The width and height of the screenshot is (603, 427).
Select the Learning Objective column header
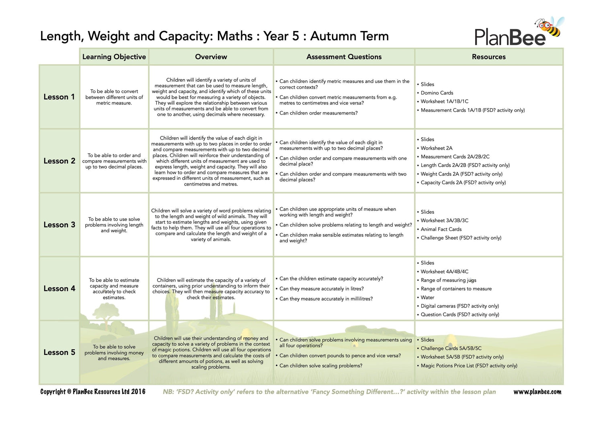coord(114,57)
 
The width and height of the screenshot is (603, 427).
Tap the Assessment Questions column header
coord(344,57)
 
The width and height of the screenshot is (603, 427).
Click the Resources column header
coord(488,57)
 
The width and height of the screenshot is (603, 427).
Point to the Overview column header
coord(211,57)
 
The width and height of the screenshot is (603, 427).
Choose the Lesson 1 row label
coord(59,97)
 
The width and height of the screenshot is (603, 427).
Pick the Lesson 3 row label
coord(59,225)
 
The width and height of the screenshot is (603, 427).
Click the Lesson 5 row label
coord(59,352)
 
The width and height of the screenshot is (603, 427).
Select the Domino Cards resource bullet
coord(437,93)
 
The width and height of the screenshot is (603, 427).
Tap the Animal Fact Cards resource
coord(441,229)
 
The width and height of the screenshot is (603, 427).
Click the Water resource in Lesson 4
coord(427,297)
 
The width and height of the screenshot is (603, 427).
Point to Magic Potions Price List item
coord(469,366)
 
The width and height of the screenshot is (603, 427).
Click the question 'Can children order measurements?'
coord(318,113)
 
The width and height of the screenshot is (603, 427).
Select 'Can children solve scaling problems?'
coord(321,366)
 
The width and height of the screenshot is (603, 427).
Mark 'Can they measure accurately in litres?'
coord(321,289)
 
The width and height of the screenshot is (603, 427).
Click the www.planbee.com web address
coord(537,392)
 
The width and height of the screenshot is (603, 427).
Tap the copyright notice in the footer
coord(93,392)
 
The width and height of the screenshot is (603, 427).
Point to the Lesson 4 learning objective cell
coord(114,289)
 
